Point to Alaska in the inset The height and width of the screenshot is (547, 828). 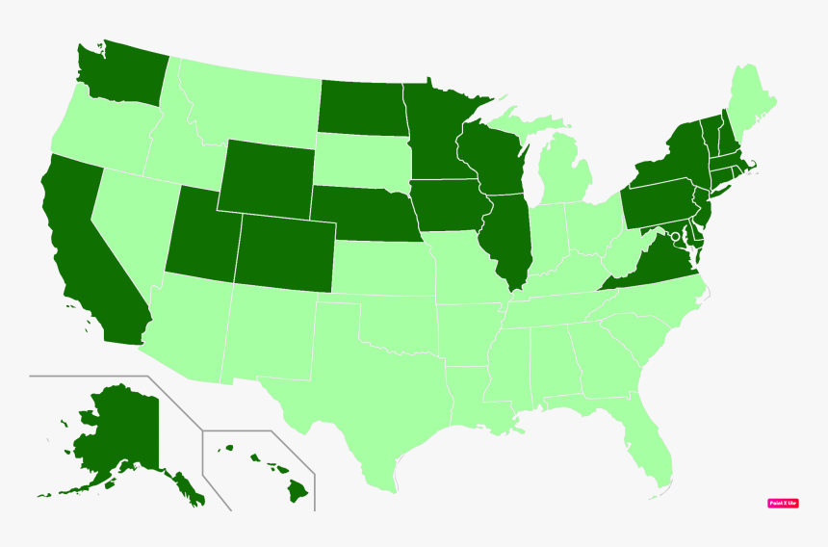point(116,433)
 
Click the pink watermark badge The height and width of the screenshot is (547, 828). point(783,503)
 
